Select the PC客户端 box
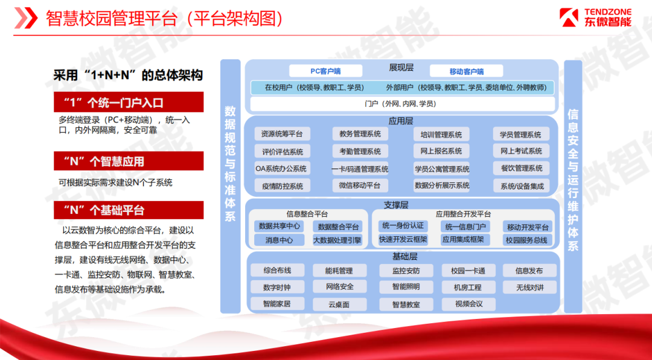point(325,71)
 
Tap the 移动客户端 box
point(466,71)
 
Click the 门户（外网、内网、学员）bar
point(403,104)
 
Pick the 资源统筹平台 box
point(283,134)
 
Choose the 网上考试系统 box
point(521,150)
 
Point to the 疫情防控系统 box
point(283,185)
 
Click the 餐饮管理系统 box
point(521,168)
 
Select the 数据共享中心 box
point(278,226)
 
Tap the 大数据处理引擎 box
point(337,240)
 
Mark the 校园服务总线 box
point(527,240)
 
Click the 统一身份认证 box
point(403,226)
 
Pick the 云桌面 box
point(339,304)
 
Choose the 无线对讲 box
point(529,287)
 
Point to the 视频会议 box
point(468,304)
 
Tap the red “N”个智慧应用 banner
point(129,161)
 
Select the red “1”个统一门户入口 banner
point(129,102)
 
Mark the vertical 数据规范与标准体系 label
point(230,163)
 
